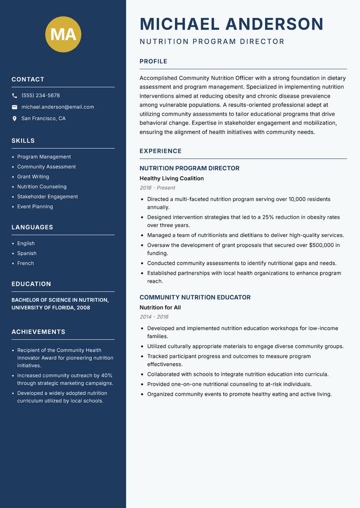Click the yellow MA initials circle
tap(63, 34)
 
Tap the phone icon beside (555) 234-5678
tap(14, 96)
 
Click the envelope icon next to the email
tap(14, 107)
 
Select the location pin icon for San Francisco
tap(14, 119)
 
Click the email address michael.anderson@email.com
tap(58, 107)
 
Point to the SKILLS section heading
tap(23, 141)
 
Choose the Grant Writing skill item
tap(33, 177)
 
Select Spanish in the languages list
tap(27, 253)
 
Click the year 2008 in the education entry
tap(83, 308)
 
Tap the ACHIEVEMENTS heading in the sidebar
tap(38, 332)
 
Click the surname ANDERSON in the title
tap(274, 24)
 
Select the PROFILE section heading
tap(153, 62)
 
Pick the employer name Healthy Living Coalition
tap(171, 178)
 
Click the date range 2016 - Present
tap(157, 188)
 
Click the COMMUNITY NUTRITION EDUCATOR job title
tap(195, 297)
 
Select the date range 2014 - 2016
tap(154, 317)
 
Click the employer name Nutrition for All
tap(160, 307)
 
